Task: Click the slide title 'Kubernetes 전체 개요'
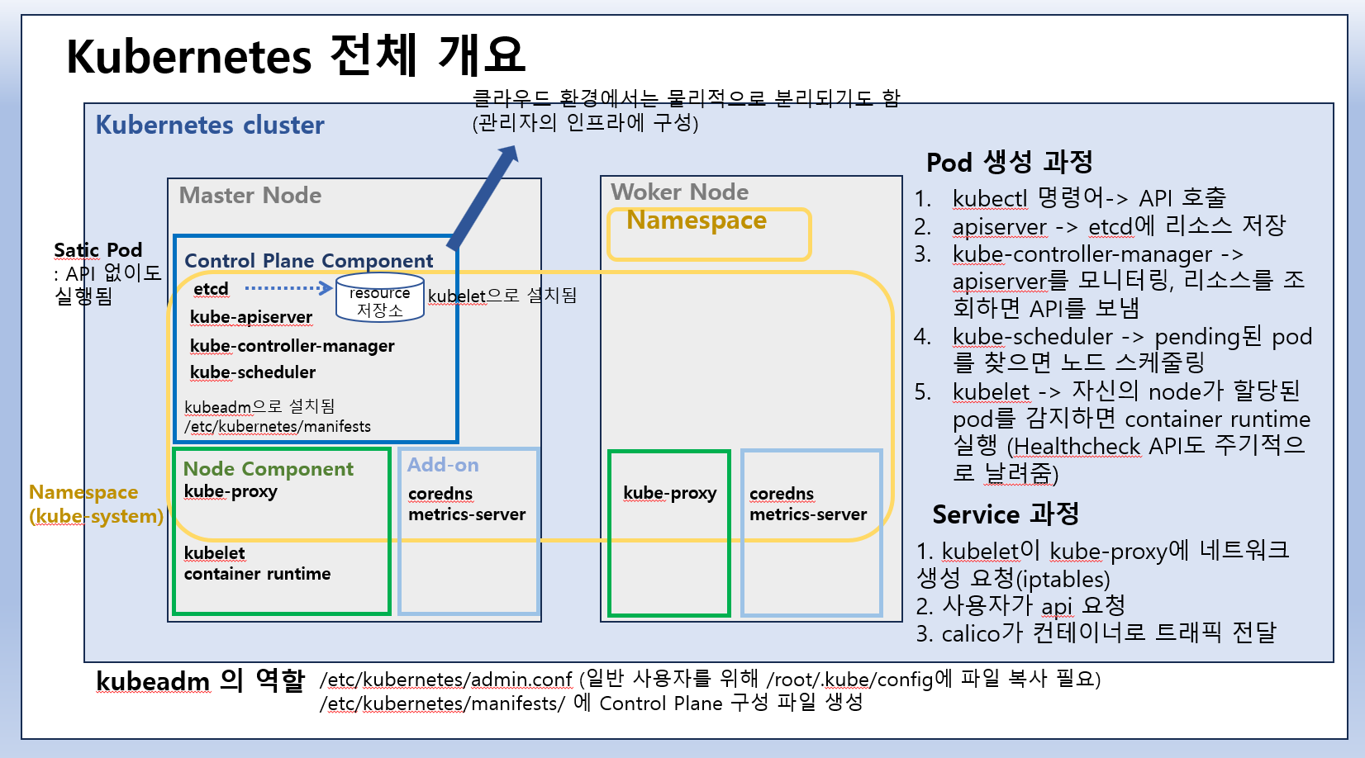295,56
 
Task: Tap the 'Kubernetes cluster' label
210,125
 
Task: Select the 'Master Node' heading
250,196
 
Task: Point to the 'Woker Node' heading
679,192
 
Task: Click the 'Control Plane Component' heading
308,261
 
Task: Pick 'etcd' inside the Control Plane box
211,289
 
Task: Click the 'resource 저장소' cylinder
380,299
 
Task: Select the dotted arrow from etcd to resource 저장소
288,288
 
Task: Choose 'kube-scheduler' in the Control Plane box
252,372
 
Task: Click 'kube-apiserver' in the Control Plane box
250,317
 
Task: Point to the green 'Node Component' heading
268,469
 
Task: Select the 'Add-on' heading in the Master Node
443,465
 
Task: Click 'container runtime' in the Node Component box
257,574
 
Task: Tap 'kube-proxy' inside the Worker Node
669,493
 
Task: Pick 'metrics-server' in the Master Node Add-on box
467,514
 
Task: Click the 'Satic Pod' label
97,250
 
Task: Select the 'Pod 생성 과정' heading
1009,162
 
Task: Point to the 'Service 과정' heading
1005,514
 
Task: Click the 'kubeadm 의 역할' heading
200,681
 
